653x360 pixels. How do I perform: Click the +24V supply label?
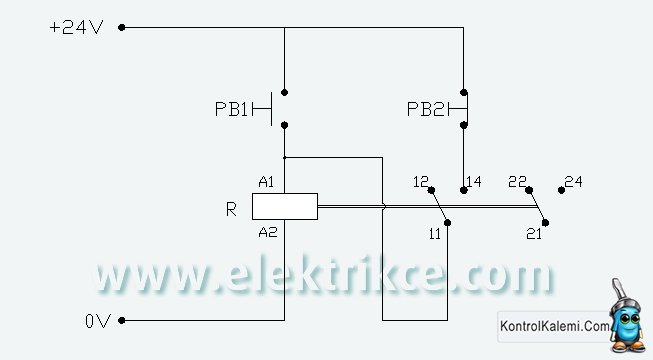76,28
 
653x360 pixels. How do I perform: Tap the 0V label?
98,321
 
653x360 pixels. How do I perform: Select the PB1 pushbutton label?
231,109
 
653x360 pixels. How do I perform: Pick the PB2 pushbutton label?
426,109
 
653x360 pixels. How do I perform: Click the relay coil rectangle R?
285,206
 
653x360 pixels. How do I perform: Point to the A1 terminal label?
266,182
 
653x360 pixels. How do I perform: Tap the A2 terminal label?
267,232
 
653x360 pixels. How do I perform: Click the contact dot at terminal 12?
431,190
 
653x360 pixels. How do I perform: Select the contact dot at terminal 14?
464,190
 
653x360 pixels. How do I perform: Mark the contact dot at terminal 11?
447,223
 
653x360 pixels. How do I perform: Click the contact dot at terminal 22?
529,190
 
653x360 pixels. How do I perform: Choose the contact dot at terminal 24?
561,190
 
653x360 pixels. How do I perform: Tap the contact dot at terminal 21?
545,223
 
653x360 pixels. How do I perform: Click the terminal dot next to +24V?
122,28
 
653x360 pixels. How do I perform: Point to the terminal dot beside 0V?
122,320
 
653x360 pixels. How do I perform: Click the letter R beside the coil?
231,209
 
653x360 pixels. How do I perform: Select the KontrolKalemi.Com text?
554,325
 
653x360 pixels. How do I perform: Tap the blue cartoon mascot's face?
626,320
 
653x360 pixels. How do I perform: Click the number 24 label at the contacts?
573,182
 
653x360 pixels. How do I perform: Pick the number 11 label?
434,234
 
